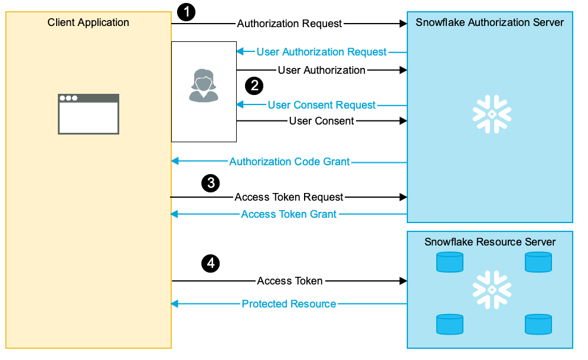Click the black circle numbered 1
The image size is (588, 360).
coord(186,12)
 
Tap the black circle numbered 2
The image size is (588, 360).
coord(254,86)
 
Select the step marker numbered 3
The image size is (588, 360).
coord(210,183)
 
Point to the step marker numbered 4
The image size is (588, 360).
coord(210,263)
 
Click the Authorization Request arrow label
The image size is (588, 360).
coord(289,24)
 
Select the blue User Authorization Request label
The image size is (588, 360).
coord(321,52)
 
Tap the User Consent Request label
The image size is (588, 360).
coord(321,105)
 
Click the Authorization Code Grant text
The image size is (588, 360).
coord(289,162)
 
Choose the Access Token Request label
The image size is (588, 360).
coord(289,197)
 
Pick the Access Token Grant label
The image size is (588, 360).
coord(289,214)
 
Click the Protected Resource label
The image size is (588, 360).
coord(289,304)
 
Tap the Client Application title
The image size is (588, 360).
coord(89,23)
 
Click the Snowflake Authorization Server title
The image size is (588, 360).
coord(489,23)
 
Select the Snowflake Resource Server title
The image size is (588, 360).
coord(489,242)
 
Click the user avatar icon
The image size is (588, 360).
coord(204,86)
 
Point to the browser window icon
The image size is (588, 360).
coord(89,114)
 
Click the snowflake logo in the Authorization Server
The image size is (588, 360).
coord(491,113)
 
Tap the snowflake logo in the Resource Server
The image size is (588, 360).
coord(491,290)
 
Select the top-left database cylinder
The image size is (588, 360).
coord(449,262)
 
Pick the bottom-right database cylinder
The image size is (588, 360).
coord(538,325)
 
